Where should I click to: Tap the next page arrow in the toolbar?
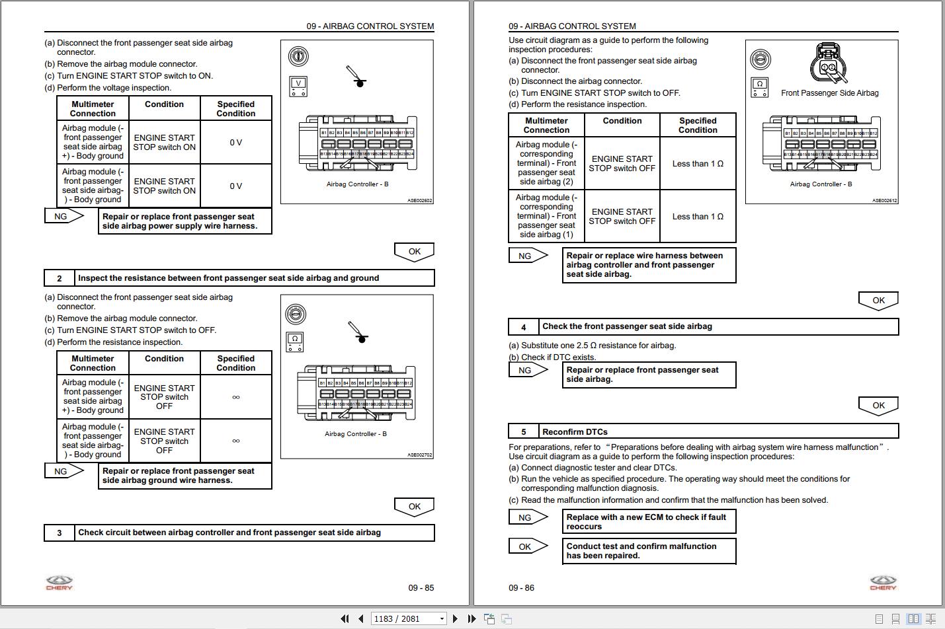455,618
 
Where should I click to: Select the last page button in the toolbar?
472,618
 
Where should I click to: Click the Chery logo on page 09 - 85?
59,583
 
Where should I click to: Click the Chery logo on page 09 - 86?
883,583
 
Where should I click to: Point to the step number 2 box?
59,278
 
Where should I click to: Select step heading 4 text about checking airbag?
627,326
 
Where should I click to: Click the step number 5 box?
524,432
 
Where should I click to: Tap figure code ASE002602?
419,200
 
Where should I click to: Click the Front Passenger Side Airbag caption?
829,93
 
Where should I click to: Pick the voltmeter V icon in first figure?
298,86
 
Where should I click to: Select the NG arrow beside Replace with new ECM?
527,517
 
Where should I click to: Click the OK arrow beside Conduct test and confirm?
527,546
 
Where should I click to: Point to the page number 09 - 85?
421,587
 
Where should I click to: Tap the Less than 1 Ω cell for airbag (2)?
698,164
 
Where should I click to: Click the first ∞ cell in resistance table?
235,397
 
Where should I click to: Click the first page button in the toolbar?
345,618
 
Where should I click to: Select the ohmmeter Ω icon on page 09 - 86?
760,87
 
